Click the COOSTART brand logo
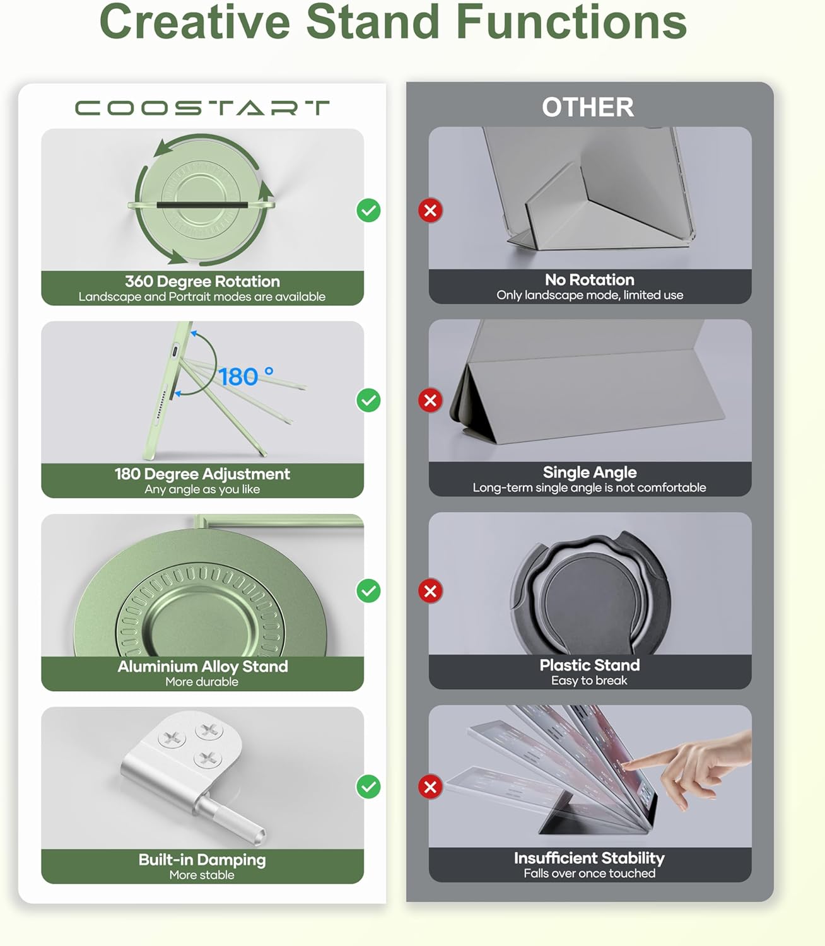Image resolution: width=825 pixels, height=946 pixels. click(x=202, y=108)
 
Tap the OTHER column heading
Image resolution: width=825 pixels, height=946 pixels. click(x=588, y=107)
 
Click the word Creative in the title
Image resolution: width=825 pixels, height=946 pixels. click(x=195, y=21)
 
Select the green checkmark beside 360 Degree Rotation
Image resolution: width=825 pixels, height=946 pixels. click(x=368, y=211)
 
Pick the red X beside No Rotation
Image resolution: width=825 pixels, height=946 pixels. click(x=430, y=211)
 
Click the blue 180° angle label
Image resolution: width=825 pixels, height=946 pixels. click(x=246, y=377)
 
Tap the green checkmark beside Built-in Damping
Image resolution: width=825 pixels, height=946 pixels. click(x=368, y=786)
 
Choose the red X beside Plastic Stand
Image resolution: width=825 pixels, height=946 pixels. click(x=430, y=591)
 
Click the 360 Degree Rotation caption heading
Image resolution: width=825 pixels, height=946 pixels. click(x=202, y=281)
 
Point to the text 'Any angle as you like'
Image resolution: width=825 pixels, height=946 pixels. click(x=202, y=489)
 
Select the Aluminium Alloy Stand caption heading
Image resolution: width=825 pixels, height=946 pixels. click(x=202, y=666)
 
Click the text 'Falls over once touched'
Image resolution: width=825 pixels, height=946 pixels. click(x=590, y=873)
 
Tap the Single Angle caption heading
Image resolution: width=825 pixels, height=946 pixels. click(x=590, y=472)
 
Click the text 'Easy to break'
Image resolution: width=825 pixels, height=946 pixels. click(x=589, y=680)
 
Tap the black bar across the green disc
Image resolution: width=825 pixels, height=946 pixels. click(x=202, y=204)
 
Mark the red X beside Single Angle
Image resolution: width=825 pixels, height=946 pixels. click(x=430, y=400)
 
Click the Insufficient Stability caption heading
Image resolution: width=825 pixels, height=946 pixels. click(x=589, y=858)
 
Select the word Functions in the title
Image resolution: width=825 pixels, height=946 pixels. click(x=571, y=21)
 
